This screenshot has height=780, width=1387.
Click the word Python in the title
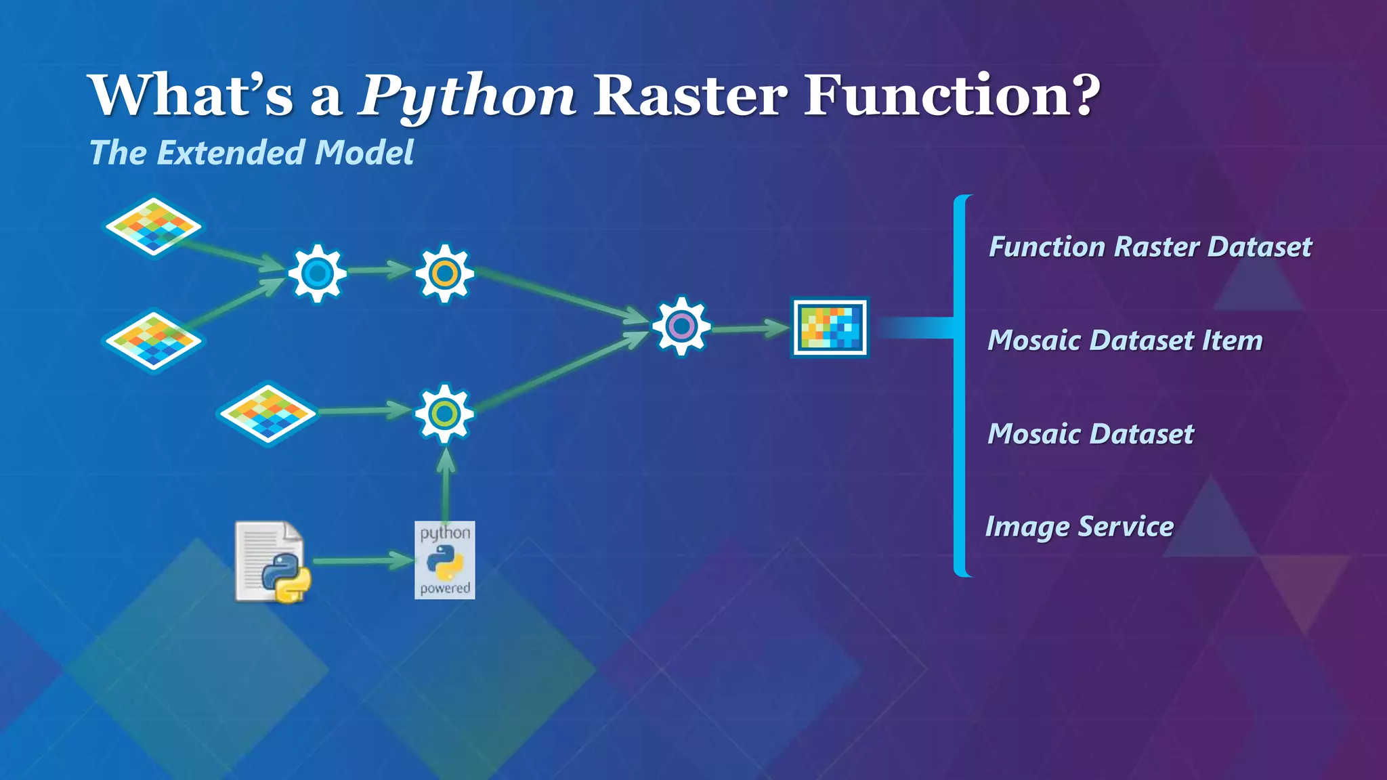[467, 96]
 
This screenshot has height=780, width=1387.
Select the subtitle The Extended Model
[251, 152]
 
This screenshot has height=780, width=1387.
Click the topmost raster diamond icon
[153, 226]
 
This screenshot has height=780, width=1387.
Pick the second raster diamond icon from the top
[153, 341]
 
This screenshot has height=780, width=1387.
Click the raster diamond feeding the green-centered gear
[268, 413]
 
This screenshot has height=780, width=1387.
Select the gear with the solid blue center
[317, 274]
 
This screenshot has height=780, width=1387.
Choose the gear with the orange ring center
[444, 274]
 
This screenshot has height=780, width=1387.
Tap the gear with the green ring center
[444, 414]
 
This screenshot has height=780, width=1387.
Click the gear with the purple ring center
[681, 326]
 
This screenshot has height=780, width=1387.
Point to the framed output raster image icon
[830, 328]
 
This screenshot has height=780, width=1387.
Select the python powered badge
[444, 560]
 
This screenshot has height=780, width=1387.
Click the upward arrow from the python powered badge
[445, 484]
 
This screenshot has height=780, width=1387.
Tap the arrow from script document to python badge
[362, 561]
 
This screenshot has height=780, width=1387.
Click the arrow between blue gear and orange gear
[379, 270]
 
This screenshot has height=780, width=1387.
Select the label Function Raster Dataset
[1150, 246]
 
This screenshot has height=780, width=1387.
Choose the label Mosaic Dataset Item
[1125, 340]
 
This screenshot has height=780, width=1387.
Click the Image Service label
[1080, 526]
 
